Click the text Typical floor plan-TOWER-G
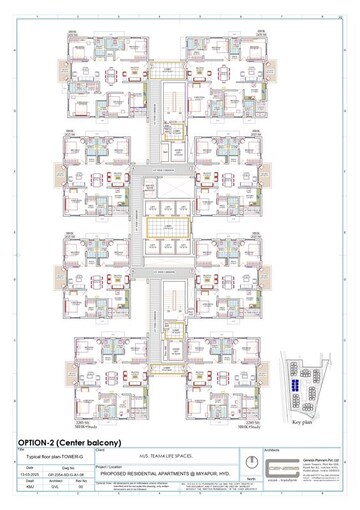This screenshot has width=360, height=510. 49,455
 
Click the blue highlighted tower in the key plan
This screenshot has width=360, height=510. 298,384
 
